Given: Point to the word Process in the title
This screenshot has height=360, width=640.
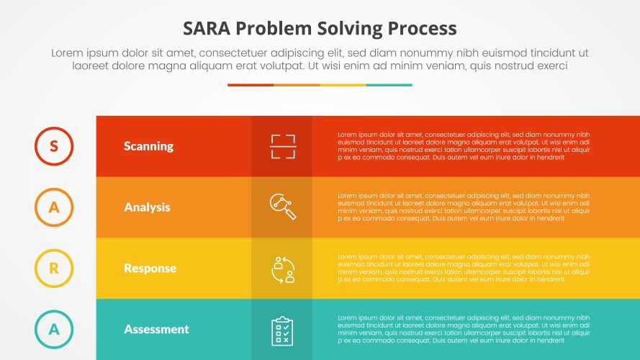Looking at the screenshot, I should pyautogui.click(x=419, y=28).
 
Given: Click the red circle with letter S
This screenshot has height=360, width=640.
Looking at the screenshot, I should pyautogui.click(x=54, y=146).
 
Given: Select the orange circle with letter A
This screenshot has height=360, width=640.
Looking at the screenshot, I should pyautogui.click(x=54, y=207).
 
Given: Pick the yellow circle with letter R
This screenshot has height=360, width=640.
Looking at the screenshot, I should pyautogui.click(x=54, y=269).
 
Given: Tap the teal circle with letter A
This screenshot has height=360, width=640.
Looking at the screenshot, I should pyautogui.click(x=54, y=329).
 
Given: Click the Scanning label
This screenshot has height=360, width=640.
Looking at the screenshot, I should pyautogui.click(x=148, y=146).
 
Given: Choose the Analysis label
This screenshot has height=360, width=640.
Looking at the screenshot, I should pyautogui.click(x=147, y=207).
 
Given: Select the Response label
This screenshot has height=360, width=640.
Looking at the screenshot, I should pyautogui.click(x=150, y=269).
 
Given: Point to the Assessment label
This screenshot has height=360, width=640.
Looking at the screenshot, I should pyautogui.click(x=156, y=329).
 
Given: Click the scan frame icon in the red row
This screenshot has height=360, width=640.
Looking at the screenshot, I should pyautogui.click(x=282, y=146).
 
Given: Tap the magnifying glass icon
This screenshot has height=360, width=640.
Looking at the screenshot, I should pyautogui.click(x=282, y=207).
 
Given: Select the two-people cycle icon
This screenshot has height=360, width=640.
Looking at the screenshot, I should pyautogui.click(x=282, y=269).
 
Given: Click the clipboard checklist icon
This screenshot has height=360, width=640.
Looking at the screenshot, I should pyautogui.click(x=282, y=330).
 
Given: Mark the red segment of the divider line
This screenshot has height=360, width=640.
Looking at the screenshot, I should pyautogui.click(x=251, y=85).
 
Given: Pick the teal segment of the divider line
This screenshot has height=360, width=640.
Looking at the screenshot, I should pyautogui.click(x=389, y=85).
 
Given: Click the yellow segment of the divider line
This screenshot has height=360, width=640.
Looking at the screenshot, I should pyautogui.click(x=343, y=85).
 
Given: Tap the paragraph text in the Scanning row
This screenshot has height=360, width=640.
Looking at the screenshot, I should pyautogui.click(x=464, y=146).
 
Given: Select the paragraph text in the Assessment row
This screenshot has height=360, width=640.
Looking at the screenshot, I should pyautogui.click(x=464, y=329).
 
